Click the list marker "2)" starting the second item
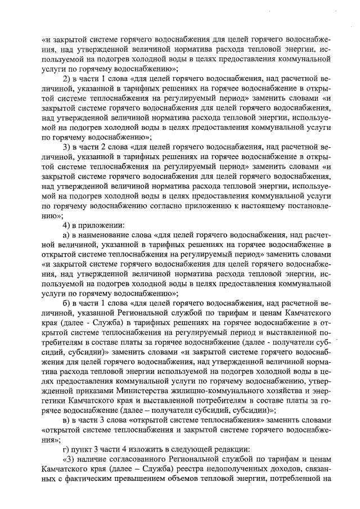tap(67, 78)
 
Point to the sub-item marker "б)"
tap(67, 304)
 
